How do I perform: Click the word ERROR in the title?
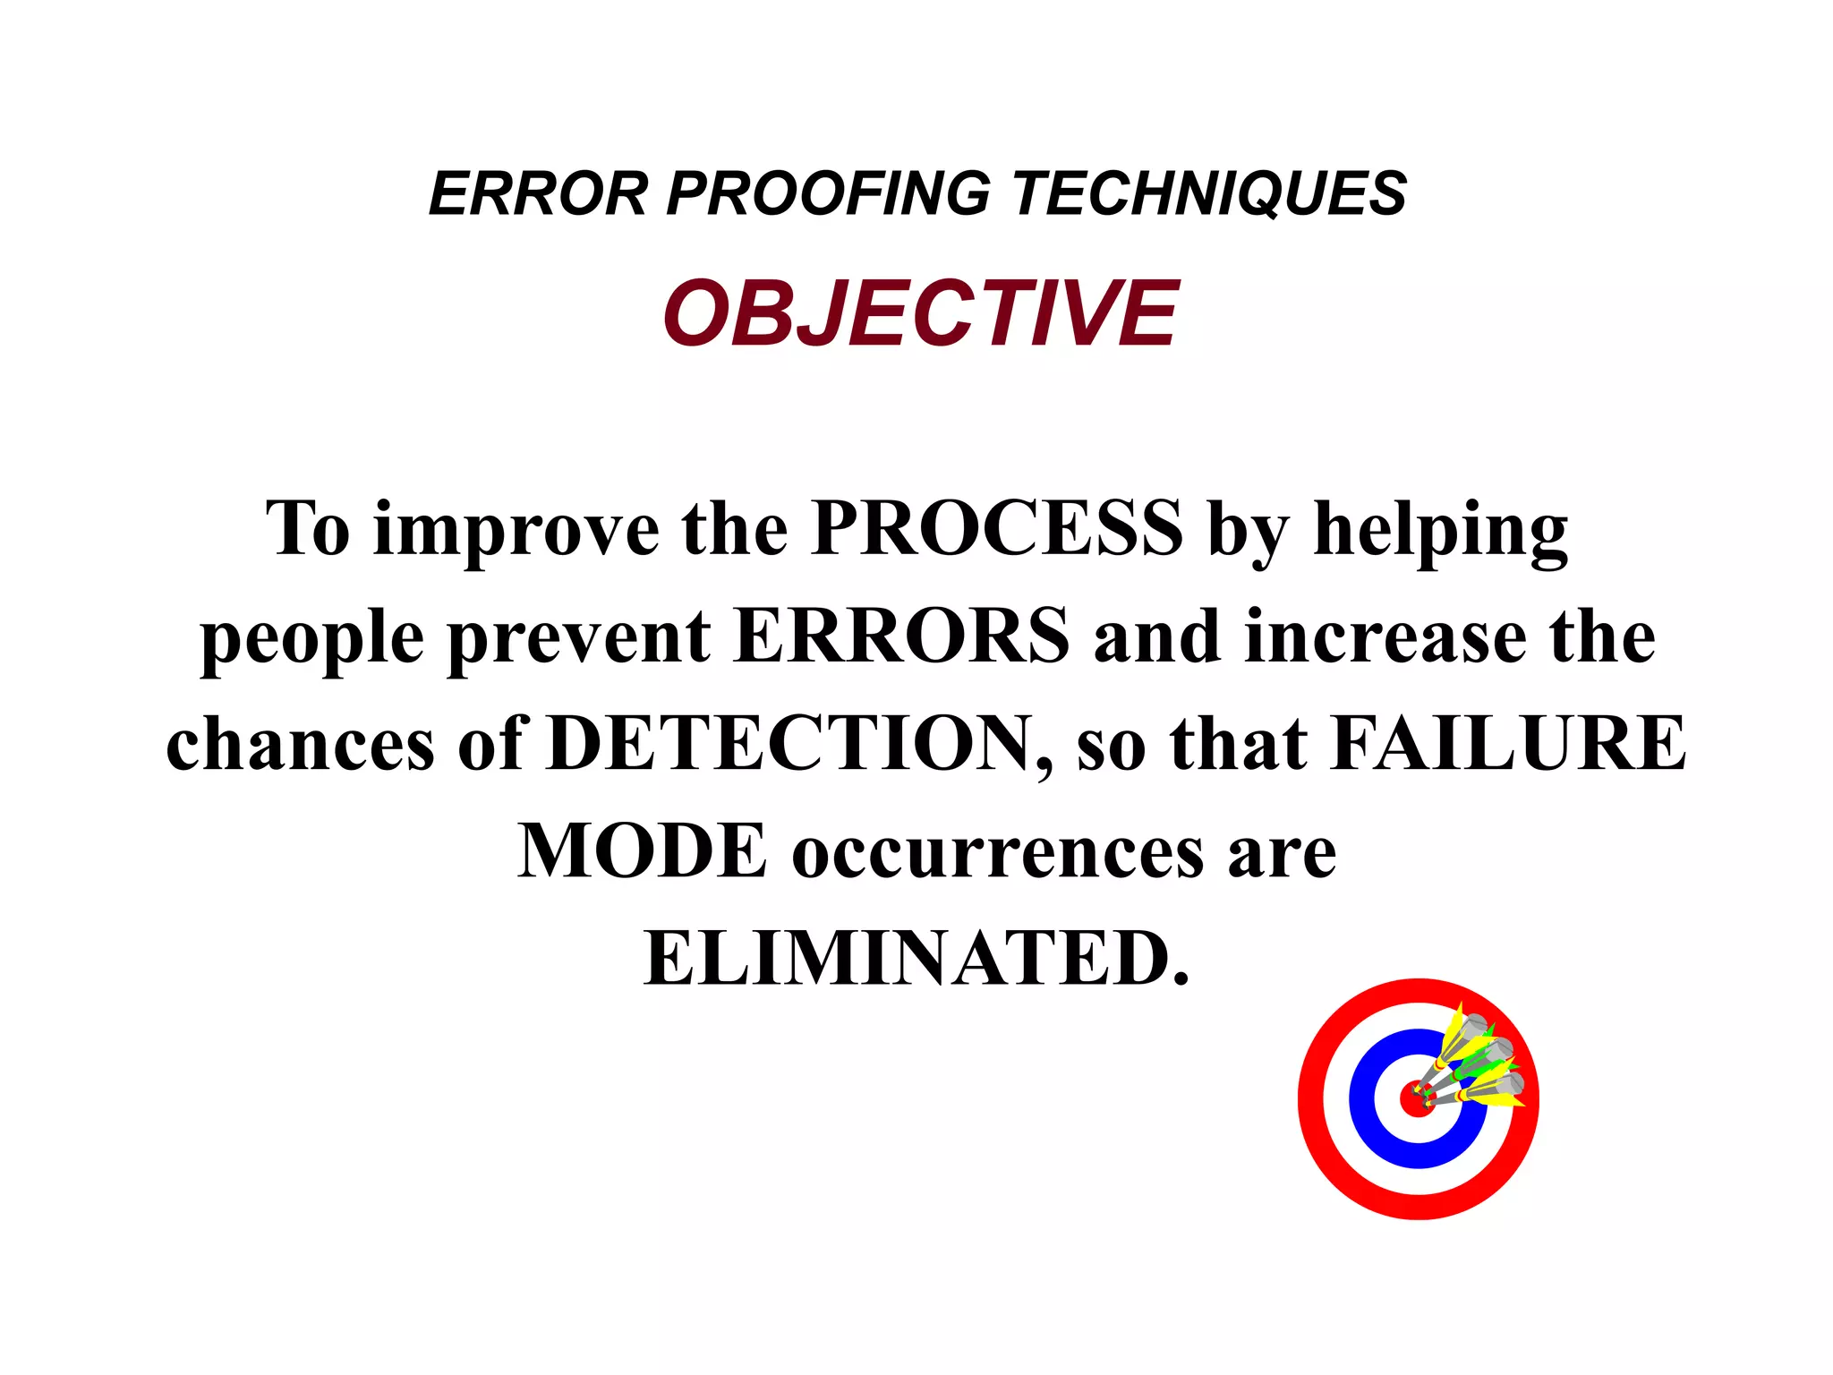[x=538, y=193]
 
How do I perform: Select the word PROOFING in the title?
[x=828, y=193]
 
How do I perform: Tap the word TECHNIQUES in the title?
[x=1209, y=193]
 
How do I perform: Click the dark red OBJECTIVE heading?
[x=920, y=312]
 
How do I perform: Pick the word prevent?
[x=579, y=637]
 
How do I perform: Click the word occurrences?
[x=998, y=852]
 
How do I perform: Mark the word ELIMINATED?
[x=915, y=958]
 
